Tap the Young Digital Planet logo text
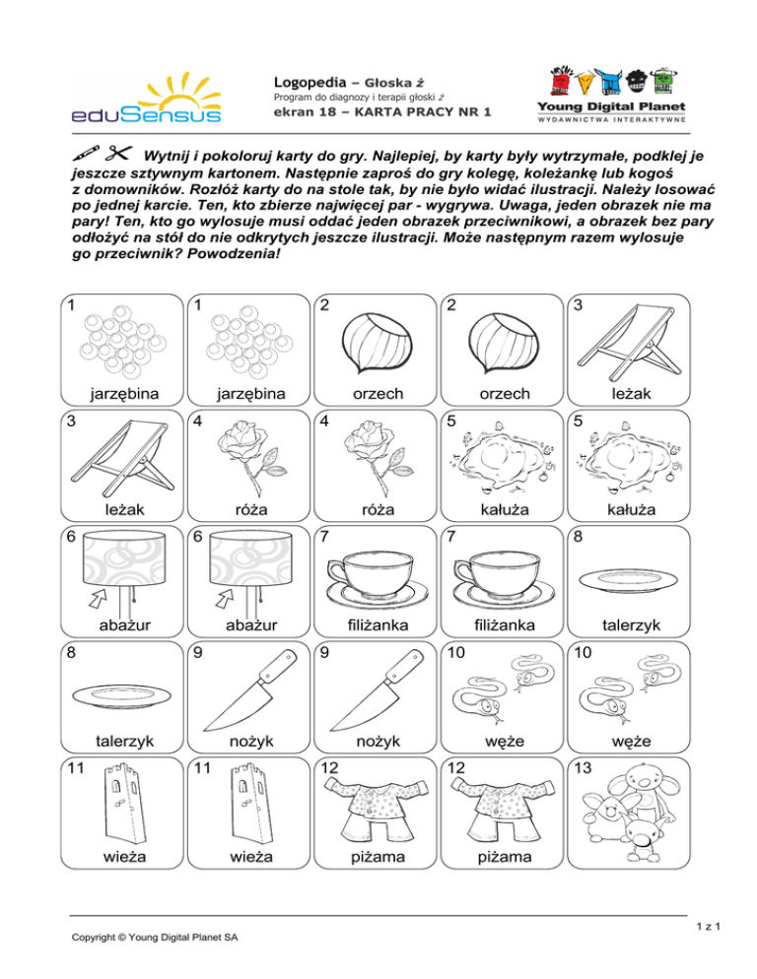pyautogui.click(x=610, y=105)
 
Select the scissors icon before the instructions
pyautogui.click(x=117, y=154)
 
